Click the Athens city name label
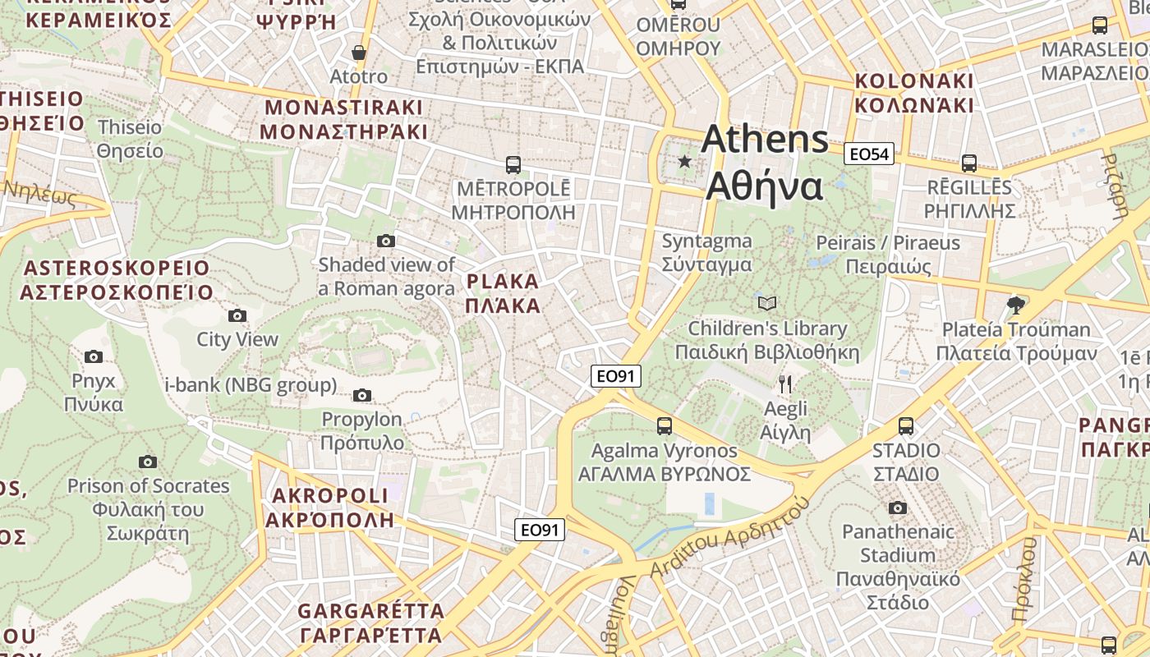[x=765, y=162]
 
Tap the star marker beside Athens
[x=685, y=162]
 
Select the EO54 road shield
[x=869, y=154]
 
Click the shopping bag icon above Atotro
[x=358, y=53]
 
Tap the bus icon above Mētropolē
[x=513, y=164]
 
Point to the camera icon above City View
[x=237, y=315]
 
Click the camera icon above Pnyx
[x=94, y=356]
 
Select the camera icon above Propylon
[x=361, y=396]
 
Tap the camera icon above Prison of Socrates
[x=148, y=462]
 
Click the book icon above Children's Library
[x=766, y=304]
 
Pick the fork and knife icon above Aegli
[x=785, y=384]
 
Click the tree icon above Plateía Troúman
[x=1016, y=306]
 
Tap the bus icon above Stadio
[x=906, y=426]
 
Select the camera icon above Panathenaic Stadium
[x=897, y=508]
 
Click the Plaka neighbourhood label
[x=503, y=294]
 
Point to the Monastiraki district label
[x=343, y=120]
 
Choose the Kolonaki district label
[x=914, y=93]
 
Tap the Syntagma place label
[x=706, y=252]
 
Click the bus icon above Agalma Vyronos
[x=664, y=426]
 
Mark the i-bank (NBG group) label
[x=251, y=384]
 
